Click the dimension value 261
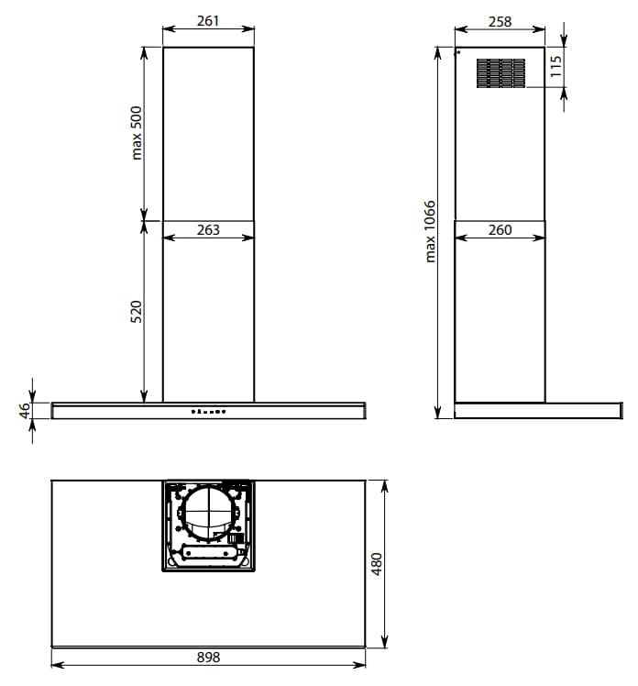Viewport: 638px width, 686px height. tap(208, 20)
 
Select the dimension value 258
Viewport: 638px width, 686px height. tap(500, 21)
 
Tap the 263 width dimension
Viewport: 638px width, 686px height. tap(208, 229)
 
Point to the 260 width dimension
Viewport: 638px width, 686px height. tap(500, 229)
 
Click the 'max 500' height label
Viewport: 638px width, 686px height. tap(137, 133)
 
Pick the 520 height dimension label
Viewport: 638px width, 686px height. tap(137, 312)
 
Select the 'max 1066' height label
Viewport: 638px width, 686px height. tap(430, 231)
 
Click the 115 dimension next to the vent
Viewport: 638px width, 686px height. tap(555, 67)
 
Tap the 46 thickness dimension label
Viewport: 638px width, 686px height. tap(25, 410)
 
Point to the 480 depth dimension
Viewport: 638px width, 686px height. tap(376, 564)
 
